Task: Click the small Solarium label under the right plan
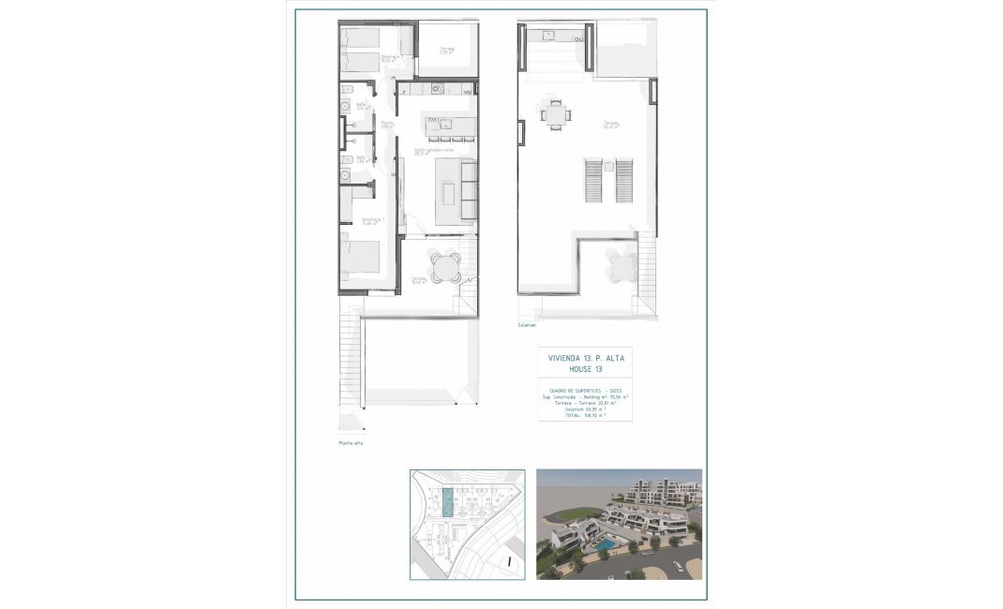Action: (x=527, y=326)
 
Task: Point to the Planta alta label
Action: (x=351, y=443)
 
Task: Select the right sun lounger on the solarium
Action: (x=624, y=181)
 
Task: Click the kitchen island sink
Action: (x=435, y=124)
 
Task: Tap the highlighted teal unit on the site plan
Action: (x=447, y=503)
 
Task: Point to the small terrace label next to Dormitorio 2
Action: (x=448, y=51)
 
